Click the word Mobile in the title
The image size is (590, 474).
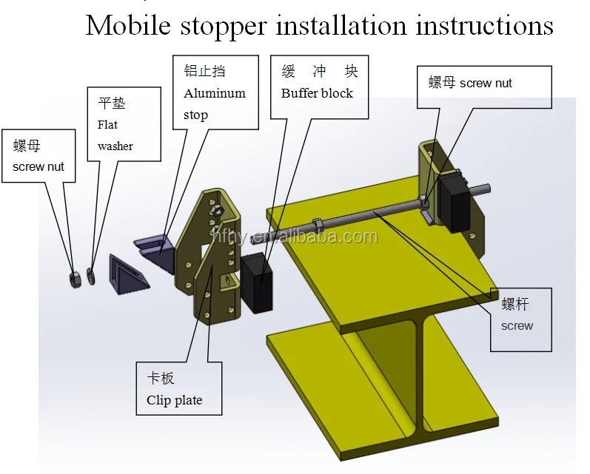tap(130, 26)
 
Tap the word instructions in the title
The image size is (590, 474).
tap(484, 26)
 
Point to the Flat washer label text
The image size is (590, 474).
tap(115, 135)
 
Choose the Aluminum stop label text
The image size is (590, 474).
tap(215, 104)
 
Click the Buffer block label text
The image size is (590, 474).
tap(317, 93)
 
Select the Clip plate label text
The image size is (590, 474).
tap(174, 400)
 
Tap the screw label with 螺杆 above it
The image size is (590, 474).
tap(517, 325)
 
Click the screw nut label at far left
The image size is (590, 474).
tap(38, 166)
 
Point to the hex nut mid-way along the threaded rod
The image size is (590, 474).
tap(316, 223)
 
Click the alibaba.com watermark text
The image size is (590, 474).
tap(296, 237)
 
